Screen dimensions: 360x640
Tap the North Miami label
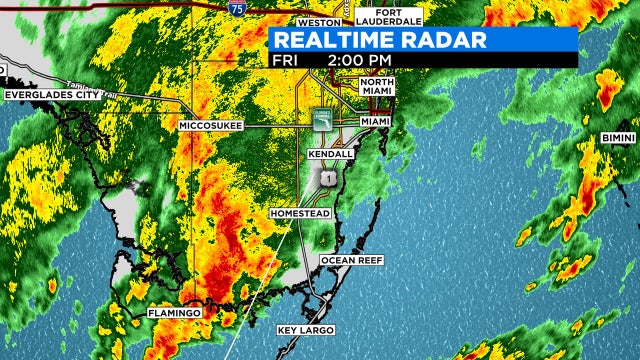pos(378,88)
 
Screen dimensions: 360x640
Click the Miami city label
pos(375,121)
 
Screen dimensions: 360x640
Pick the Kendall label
pos(331,155)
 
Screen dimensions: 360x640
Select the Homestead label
pos(300,214)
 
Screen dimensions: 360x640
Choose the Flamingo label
pos(175,313)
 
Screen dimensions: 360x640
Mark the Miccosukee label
pos(211,126)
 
